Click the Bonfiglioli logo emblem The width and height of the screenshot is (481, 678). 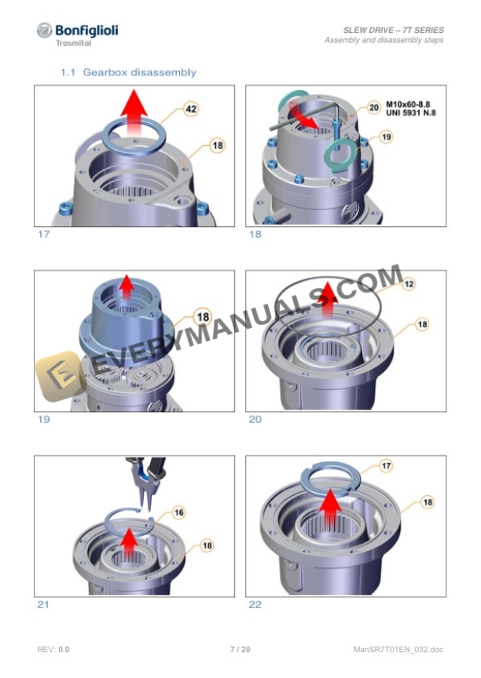tap(45, 31)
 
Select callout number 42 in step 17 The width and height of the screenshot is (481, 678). tap(190, 109)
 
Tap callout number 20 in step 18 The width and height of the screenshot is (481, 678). tap(373, 107)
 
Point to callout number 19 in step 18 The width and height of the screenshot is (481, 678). tap(386, 137)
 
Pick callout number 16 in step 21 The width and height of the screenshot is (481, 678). tap(178, 512)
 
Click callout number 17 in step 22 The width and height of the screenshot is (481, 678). tap(386, 467)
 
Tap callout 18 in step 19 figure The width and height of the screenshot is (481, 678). tap(203, 317)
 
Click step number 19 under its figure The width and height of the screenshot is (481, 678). tap(43, 420)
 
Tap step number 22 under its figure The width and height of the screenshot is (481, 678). tap(255, 605)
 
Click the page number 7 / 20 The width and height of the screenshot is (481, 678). tap(240, 650)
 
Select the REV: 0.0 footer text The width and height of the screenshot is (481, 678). tap(53, 650)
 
